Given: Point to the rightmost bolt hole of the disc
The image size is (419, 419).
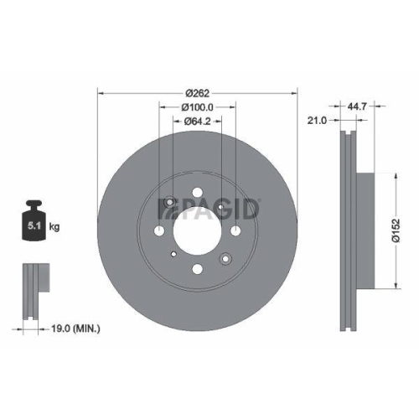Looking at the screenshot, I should click(235, 231).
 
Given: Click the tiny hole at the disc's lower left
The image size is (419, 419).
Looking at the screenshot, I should click(172, 255).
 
